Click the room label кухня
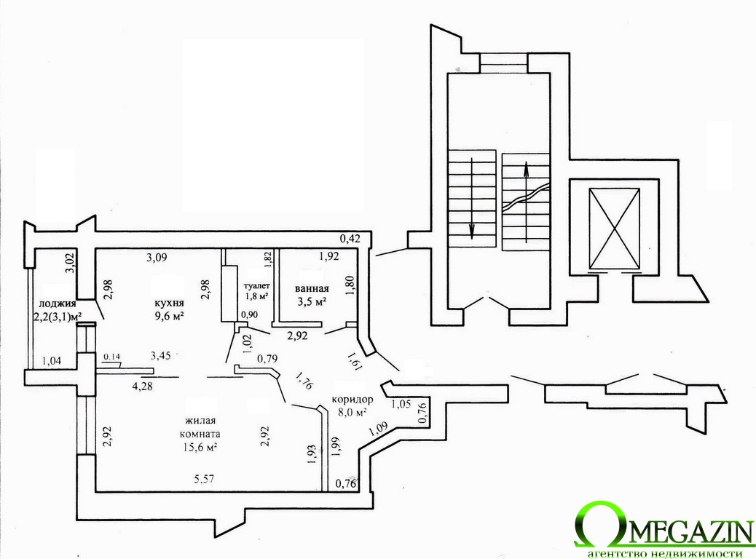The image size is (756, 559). click(168, 303)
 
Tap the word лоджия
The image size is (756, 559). click(58, 304)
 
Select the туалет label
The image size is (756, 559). click(257, 286)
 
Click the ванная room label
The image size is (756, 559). click(312, 289)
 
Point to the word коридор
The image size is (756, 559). click(353, 400)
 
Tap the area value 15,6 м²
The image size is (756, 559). click(200, 447)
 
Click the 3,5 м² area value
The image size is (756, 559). click(312, 302)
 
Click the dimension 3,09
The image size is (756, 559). click(157, 258)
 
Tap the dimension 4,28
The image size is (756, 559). click(142, 386)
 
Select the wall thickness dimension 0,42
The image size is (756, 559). click(350, 237)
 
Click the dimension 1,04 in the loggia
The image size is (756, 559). click(52, 360)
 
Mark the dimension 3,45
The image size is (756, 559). click(161, 356)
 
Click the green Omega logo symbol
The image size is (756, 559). click(594, 526)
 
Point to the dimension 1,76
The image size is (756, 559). click(304, 381)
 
